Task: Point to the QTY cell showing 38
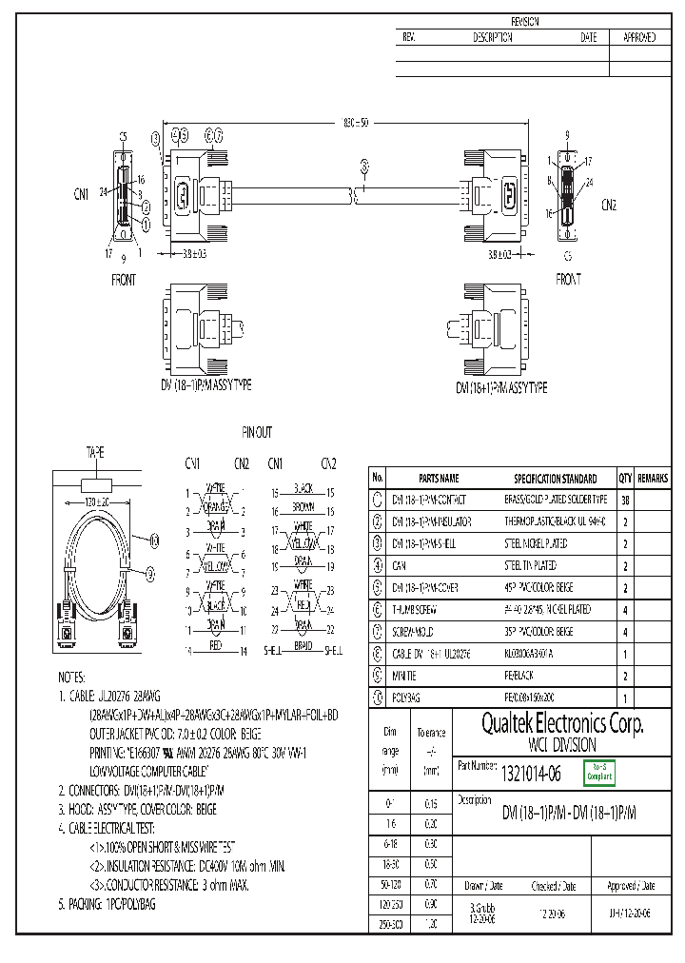(x=625, y=500)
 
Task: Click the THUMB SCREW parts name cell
(x=416, y=610)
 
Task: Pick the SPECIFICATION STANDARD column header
(x=556, y=479)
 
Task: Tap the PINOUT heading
(x=256, y=432)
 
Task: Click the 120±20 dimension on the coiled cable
(x=97, y=501)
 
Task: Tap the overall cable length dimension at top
(x=354, y=123)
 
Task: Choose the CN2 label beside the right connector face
(x=609, y=204)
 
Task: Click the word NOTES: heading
(x=72, y=676)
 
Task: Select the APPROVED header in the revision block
(x=638, y=37)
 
